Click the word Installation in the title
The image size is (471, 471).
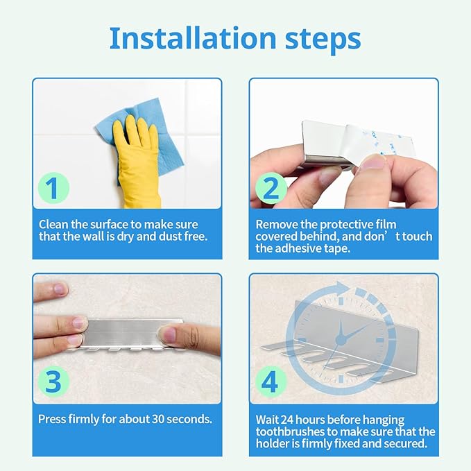point(193,38)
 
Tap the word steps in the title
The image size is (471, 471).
point(323,39)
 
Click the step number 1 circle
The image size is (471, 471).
point(53,188)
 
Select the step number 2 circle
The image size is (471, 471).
point(271,188)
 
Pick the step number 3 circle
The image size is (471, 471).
point(53,382)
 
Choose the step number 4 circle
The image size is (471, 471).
point(271,382)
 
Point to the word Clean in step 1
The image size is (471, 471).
point(53,225)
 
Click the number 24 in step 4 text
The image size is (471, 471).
point(287,420)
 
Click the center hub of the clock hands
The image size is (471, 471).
point(341,340)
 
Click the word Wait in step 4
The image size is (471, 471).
point(267,420)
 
